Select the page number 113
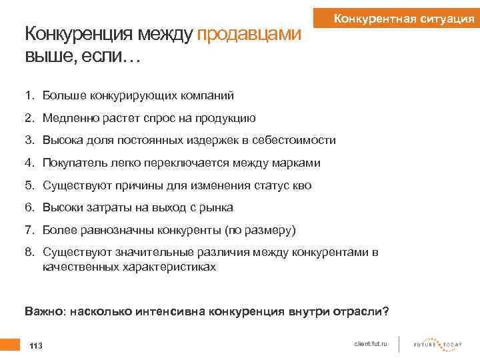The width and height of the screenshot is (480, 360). (36, 345)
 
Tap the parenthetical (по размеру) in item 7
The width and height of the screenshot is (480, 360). (261, 230)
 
